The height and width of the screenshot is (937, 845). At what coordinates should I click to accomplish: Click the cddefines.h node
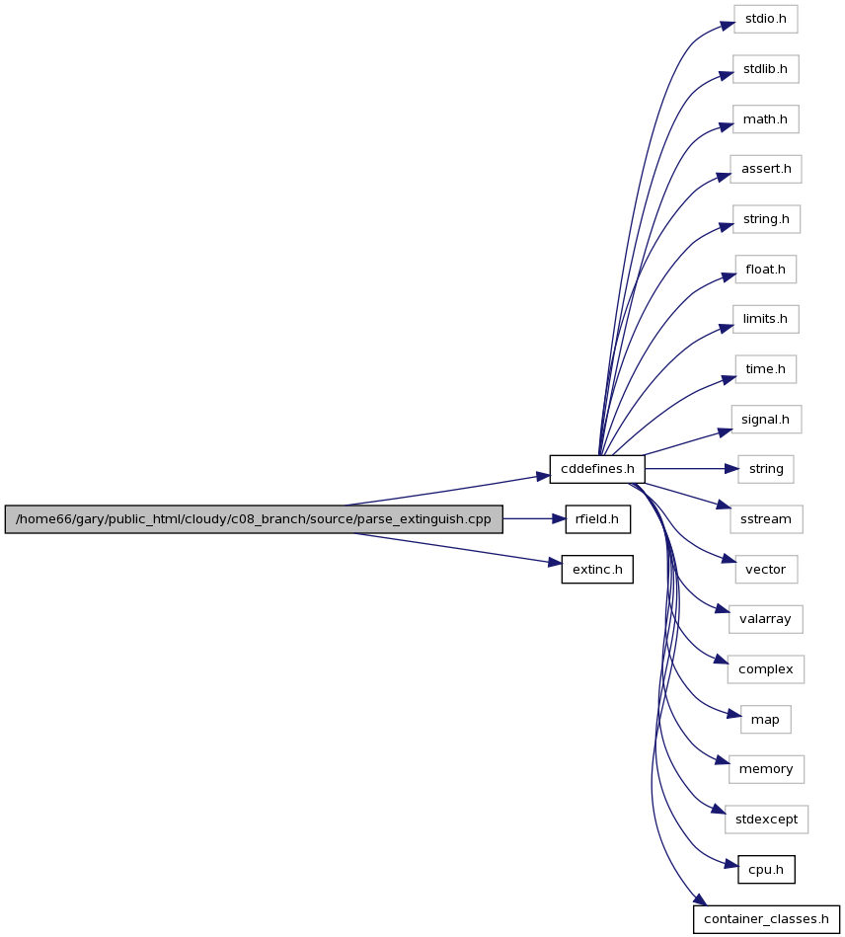(x=597, y=469)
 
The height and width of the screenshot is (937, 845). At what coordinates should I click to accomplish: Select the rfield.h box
(x=597, y=519)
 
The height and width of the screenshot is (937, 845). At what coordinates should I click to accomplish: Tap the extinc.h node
(x=597, y=570)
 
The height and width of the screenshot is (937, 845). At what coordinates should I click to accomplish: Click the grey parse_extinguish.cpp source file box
(x=254, y=519)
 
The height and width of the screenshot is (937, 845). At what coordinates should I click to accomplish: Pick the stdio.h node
(x=765, y=19)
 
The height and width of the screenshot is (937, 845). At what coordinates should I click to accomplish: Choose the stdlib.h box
(x=765, y=69)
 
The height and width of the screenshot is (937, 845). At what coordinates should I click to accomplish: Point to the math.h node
(x=765, y=119)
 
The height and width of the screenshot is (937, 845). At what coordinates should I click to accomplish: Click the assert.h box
(x=765, y=169)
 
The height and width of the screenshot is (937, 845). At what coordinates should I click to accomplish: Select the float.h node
(x=765, y=270)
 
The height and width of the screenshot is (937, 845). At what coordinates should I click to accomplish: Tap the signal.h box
(x=765, y=420)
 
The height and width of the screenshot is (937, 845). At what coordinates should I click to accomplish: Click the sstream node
(x=765, y=519)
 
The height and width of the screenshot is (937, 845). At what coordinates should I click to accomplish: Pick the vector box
(x=765, y=570)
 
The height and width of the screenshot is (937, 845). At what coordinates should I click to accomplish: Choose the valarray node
(x=765, y=619)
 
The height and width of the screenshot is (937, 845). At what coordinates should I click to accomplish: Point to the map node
(x=765, y=720)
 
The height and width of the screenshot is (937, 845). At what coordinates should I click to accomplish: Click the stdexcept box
(x=766, y=820)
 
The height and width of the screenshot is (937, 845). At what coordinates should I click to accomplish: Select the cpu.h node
(x=766, y=870)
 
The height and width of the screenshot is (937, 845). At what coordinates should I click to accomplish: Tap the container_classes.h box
(x=766, y=919)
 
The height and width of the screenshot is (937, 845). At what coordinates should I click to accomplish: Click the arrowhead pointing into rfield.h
(x=558, y=519)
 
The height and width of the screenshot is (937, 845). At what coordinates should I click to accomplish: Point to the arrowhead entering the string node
(x=731, y=469)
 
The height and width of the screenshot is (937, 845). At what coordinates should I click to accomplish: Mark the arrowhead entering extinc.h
(x=555, y=563)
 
